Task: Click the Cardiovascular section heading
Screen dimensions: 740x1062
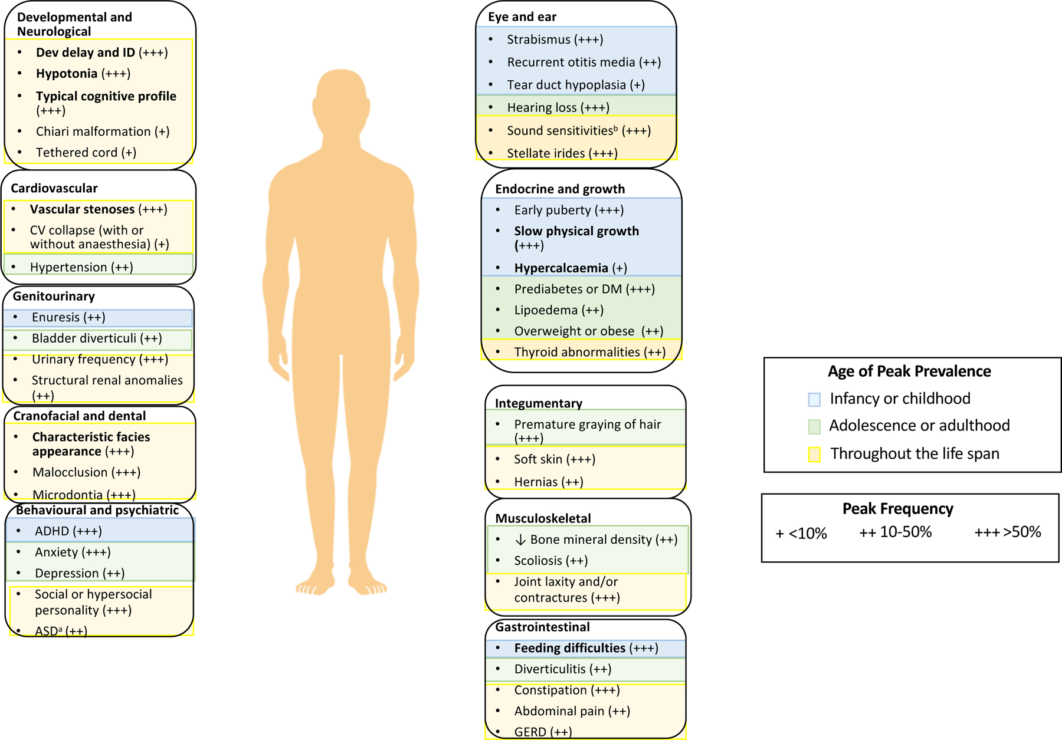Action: click(54, 188)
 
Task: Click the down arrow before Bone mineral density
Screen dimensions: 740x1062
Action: click(520, 540)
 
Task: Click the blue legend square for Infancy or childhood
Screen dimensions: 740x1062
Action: click(814, 399)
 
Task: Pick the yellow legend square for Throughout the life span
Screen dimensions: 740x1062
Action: click(814, 454)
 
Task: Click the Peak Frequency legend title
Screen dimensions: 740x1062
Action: click(897, 508)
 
